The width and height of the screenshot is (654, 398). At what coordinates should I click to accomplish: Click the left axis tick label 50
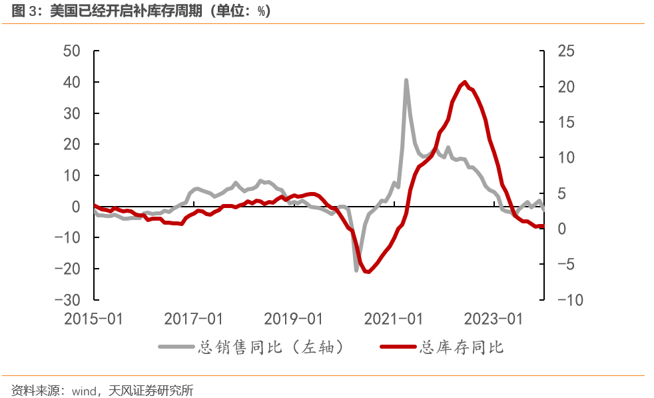(x=72, y=51)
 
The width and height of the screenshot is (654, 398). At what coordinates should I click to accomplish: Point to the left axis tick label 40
(x=72, y=83)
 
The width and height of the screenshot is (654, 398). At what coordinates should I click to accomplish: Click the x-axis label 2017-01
(x=194, y=319)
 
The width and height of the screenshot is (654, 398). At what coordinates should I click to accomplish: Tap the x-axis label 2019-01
(x=294, y=319)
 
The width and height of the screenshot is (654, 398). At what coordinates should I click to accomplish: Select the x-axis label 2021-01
(x=394, y=319)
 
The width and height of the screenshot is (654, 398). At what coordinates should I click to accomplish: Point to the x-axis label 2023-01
(x=493, y=319)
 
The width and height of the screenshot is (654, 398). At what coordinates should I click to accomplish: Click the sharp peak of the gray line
(x=406, y=80)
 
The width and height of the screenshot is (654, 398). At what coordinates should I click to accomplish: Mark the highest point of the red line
(x=464, y=82)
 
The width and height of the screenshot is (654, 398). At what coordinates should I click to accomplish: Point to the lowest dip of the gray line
(x=356, y=269)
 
